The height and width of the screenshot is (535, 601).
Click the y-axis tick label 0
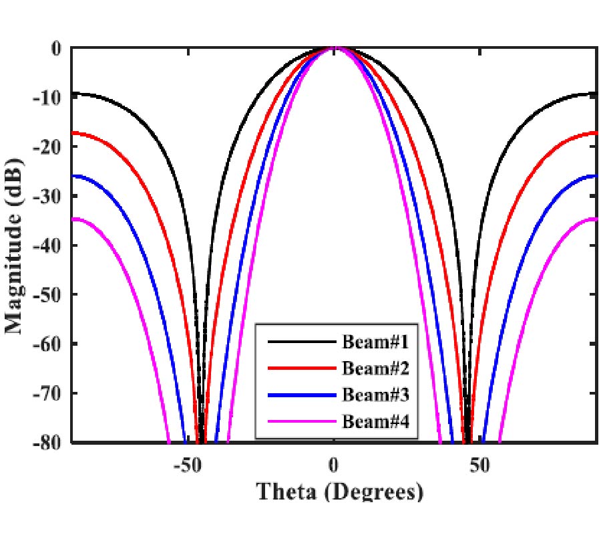tap(56, 49)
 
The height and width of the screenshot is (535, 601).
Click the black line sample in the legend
tap(300, 342)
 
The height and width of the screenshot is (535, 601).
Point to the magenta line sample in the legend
tap(300, 421)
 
